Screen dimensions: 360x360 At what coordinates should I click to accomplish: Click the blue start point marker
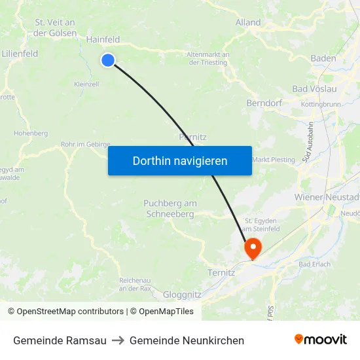108,60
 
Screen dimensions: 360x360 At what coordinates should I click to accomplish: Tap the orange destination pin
253,248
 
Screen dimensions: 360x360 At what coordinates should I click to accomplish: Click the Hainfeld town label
103,39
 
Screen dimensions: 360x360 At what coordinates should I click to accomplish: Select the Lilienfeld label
20,54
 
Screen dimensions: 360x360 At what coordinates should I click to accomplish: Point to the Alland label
248,22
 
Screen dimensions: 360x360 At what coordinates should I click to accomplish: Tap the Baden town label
323,58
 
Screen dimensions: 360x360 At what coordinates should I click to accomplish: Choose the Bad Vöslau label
314,88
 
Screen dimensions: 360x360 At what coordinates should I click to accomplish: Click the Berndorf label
264,103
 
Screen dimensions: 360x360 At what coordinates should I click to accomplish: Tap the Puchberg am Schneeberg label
170,208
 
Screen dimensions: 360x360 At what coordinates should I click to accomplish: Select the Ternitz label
221,272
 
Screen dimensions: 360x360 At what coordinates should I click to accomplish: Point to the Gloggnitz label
182,294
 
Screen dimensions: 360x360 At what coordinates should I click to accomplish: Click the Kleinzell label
86,84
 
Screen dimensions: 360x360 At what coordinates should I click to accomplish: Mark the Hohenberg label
31,133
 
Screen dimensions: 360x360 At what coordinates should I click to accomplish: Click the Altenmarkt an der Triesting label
207,58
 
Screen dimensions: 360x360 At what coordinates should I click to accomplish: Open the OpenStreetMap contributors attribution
70,312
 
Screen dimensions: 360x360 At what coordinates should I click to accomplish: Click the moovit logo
321,340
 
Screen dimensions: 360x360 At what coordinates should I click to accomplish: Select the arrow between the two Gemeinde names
118,340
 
